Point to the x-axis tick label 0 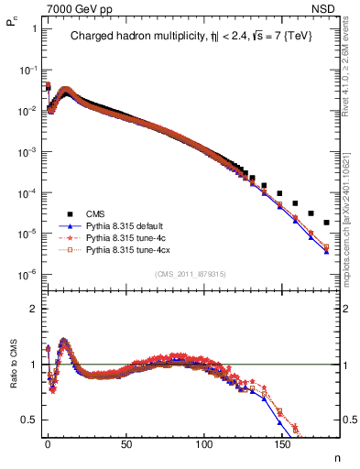[48, 449]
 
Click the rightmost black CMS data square [326, 223]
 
